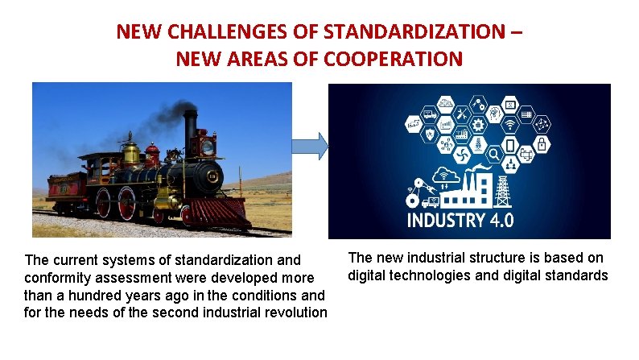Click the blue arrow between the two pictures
point(311,146)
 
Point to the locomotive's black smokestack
point(190,129)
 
